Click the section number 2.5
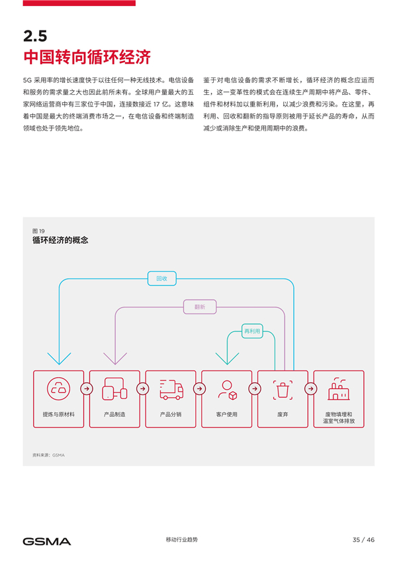35,36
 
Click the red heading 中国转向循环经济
87,58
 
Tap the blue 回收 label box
162,278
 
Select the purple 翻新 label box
200,307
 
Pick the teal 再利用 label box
252,331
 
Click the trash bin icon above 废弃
283,390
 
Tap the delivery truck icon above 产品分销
171,390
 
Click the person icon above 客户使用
228,390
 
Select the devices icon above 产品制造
114,388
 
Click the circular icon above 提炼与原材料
58,388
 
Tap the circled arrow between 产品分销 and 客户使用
199,388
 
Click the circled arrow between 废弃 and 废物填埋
311,388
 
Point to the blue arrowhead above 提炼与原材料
59,359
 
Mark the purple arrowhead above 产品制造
115,359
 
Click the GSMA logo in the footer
46,541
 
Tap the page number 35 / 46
363,539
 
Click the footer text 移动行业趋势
181,539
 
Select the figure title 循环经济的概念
60,240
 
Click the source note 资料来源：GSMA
48,455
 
